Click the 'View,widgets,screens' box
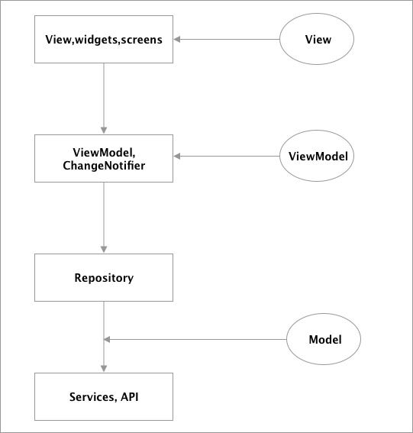[104, 39]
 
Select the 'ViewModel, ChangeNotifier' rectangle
[104, 158]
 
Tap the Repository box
[104, 277]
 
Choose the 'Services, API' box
[104, 396]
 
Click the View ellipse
[318, 39]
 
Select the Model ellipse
[324, 339]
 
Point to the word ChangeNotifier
[104, 164]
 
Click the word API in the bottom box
[129, 396]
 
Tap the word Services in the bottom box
[92, 396]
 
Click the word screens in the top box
[141, 39]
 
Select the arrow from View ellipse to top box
[229, 39]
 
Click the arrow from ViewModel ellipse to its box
[229, 157]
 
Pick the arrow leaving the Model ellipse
[198, 339]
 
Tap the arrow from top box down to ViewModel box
[104, 99]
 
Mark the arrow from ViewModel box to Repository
[104, 218]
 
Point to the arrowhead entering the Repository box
[104, 249]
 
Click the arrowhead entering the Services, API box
[104, 368]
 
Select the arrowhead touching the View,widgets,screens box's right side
[179, 39]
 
